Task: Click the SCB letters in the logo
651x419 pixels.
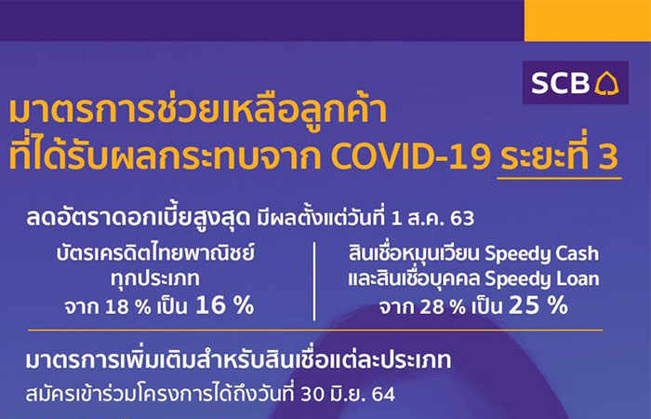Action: (560, 83)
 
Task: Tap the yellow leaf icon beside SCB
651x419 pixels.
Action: (606, 83)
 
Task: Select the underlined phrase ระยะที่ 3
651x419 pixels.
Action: (559, 155)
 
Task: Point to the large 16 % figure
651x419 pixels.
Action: (224, 305)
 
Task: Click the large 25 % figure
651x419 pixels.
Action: (538, 305)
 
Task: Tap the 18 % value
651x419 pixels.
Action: (128, 307)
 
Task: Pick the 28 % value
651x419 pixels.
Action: (443, 307)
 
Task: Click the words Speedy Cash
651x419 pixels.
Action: (541, 254)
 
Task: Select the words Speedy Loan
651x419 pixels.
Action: (542, 279)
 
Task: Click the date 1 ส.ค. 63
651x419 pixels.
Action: (432, 219)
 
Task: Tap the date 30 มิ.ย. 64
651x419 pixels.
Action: (348, 394)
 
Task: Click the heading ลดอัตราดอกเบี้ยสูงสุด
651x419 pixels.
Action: (138, 218)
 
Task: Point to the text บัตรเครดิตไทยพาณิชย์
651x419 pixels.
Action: (155, 253)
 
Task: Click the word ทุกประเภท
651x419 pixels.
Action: (155, 279)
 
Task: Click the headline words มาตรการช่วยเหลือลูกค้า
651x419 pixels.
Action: (197, 110)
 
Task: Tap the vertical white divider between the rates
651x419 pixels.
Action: (314, 281)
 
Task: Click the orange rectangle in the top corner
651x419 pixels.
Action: (588, 20)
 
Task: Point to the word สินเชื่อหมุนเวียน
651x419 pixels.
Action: (415, 254)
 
